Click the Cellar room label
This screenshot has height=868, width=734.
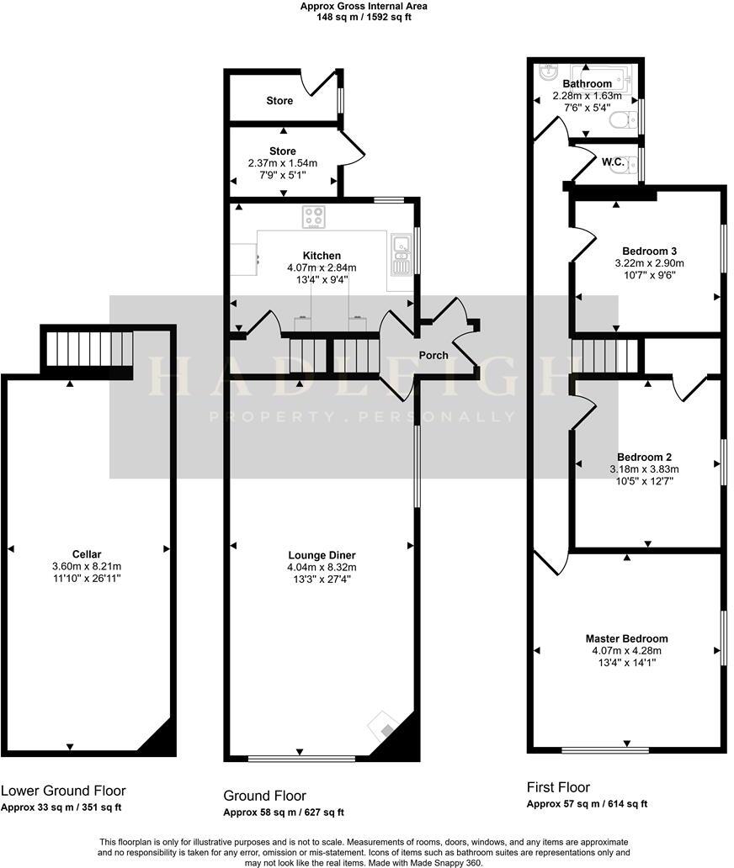(x=87, y=554)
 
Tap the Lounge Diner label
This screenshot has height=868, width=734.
(x=322, y=555)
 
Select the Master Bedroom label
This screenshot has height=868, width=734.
(x=627, y=638)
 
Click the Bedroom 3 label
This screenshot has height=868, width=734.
(x=649, y=251)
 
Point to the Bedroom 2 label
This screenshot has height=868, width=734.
(x=644, y=457)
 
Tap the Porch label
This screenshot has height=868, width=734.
(x=433, y=355)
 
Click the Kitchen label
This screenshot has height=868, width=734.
(x=322, y=256)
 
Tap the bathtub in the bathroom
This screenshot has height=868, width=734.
(x=600, y=76)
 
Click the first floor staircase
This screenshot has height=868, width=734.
(x=604, y=354)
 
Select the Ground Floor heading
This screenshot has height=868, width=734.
(x=264, y=796)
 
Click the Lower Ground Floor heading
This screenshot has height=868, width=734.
(x=63, y=791)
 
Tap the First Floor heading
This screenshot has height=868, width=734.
(x=558, y=787)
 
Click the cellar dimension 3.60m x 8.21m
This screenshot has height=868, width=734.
(x=87, y=567)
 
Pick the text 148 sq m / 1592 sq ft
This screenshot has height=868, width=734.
(x=364, y=16)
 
